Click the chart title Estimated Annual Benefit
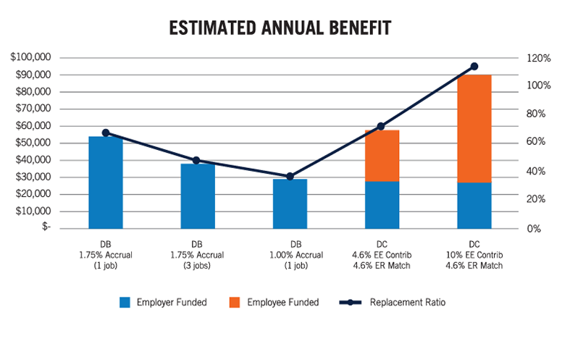click(x=280, y=28)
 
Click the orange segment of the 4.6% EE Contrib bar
click(x=382, y=156)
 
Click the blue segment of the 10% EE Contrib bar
click(x=474, y=206)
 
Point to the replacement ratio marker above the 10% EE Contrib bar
click(x=474, y=66)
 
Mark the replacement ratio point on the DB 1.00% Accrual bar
click(x=290, y=176)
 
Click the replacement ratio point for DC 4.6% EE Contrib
click(x=382, y=127)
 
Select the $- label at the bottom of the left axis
click(x=46, y=227)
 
